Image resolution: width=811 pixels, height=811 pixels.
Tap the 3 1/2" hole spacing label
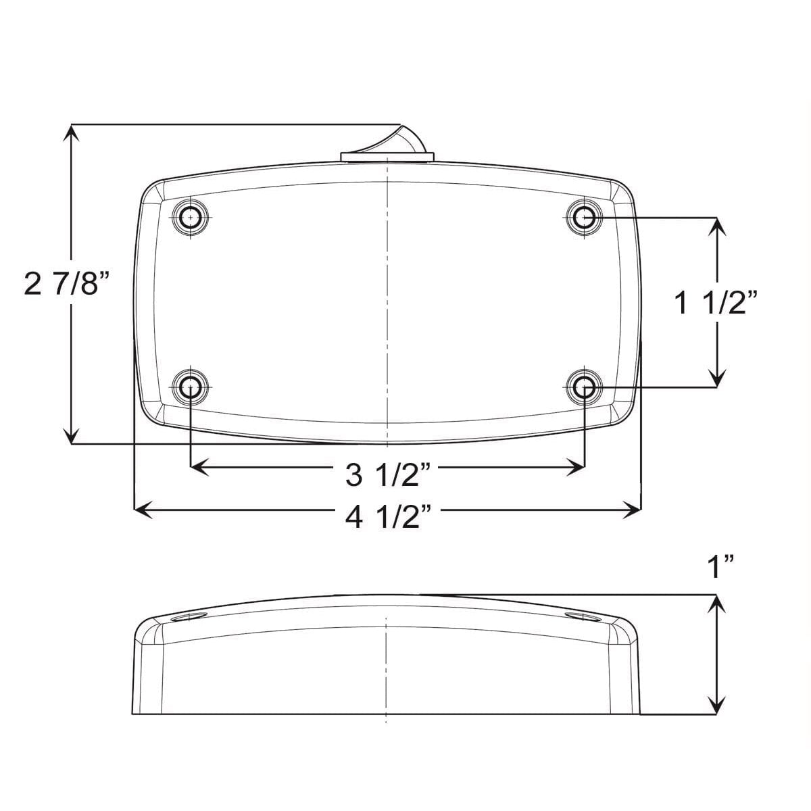[388, 475]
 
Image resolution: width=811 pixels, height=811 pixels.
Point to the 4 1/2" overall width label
[388, 519]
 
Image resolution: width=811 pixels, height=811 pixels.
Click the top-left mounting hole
[191, 218]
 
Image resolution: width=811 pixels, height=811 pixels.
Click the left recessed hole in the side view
[189, 618]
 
